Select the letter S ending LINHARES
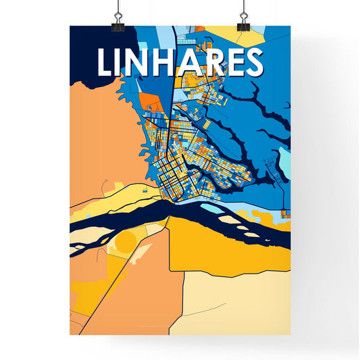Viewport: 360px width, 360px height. [x=252, y=62]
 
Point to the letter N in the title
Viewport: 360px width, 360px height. [x=135, y=62]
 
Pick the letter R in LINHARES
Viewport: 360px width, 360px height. [x=208, y=62]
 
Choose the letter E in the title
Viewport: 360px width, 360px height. [x=230, y=62]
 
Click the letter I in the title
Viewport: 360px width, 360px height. [x=120, y=62]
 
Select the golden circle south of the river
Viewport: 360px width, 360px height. [x=126, y=242]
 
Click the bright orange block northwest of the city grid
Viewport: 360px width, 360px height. [x=149, y=101]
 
